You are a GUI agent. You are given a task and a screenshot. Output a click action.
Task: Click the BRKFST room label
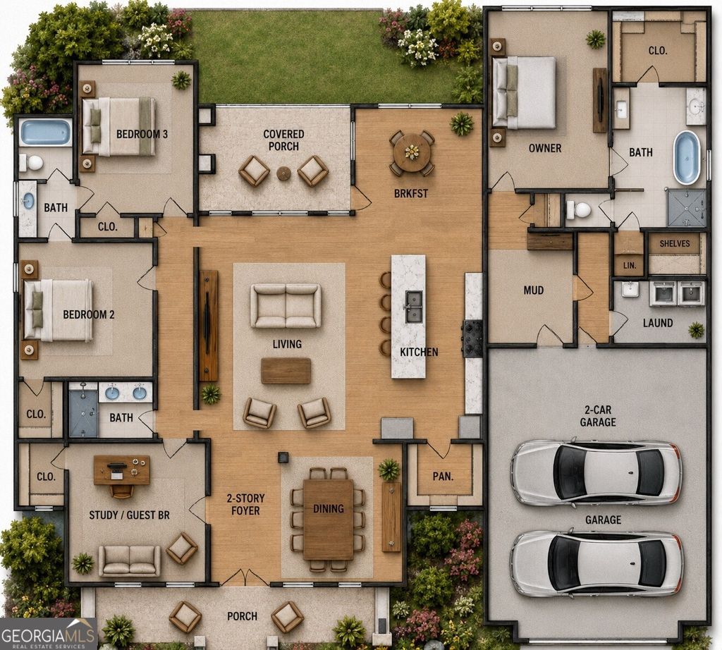(x=411, y=193)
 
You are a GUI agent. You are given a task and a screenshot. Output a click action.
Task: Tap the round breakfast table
(x=412, y=152)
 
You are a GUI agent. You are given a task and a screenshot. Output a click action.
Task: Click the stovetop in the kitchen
(x=472, y=338)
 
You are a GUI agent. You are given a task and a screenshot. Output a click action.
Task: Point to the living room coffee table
(x=286, y=371)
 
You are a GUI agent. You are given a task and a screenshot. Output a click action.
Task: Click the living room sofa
(x=286, y=306)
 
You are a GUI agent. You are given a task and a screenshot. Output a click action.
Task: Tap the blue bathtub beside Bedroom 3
(x=46, y=132)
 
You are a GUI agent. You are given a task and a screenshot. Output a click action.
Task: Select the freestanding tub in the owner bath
(x=686, y=158)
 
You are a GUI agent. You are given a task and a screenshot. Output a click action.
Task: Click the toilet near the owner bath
(x=578, y=210)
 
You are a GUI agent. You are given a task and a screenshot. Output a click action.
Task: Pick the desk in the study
(x=121, y=470)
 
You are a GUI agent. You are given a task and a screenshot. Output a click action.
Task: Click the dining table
(x=329, y=520)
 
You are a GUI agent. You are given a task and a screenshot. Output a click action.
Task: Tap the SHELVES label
(x=675, y=243)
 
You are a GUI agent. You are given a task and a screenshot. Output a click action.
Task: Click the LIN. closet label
(x=630, y=266)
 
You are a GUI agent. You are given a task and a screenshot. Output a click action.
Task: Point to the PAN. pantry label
(x=443, y=477)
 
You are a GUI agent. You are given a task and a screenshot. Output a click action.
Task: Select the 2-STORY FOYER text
(x=245, y=505)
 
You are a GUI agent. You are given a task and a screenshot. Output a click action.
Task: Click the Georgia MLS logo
(x=49, y=634)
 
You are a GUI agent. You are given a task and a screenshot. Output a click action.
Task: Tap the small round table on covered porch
(x=283, y=173)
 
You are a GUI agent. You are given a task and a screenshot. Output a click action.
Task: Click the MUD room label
(x=533, y=290)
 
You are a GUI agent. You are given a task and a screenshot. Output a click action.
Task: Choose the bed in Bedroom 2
(x=59, y=310)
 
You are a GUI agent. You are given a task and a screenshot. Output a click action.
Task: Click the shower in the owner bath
(x=687, y=208)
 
